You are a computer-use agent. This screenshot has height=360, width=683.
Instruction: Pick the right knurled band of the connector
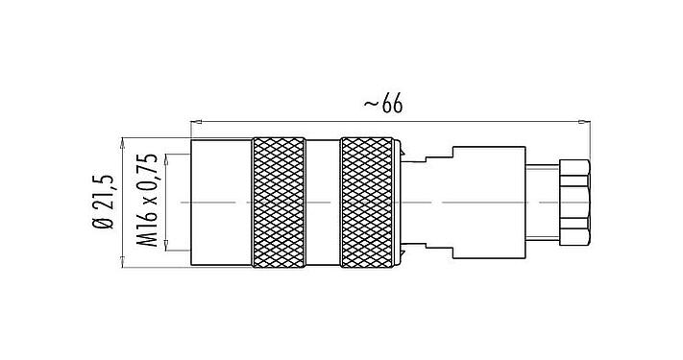pyautogui.click(x=368, y=202)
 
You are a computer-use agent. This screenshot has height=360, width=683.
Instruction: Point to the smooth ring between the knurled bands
pyautogui.click(x=324, y=202)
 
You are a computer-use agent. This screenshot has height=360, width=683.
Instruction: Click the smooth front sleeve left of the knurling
pyautogui.click(x=221, y=202)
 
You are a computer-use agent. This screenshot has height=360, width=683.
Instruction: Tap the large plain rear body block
pyautogui.click(x=490, y=202)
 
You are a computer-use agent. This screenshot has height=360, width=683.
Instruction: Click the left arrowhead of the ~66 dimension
pyautogui.click(x=197, y=121)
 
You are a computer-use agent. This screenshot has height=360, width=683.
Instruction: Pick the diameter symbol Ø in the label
pyautogui.click(x=103, y=225)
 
